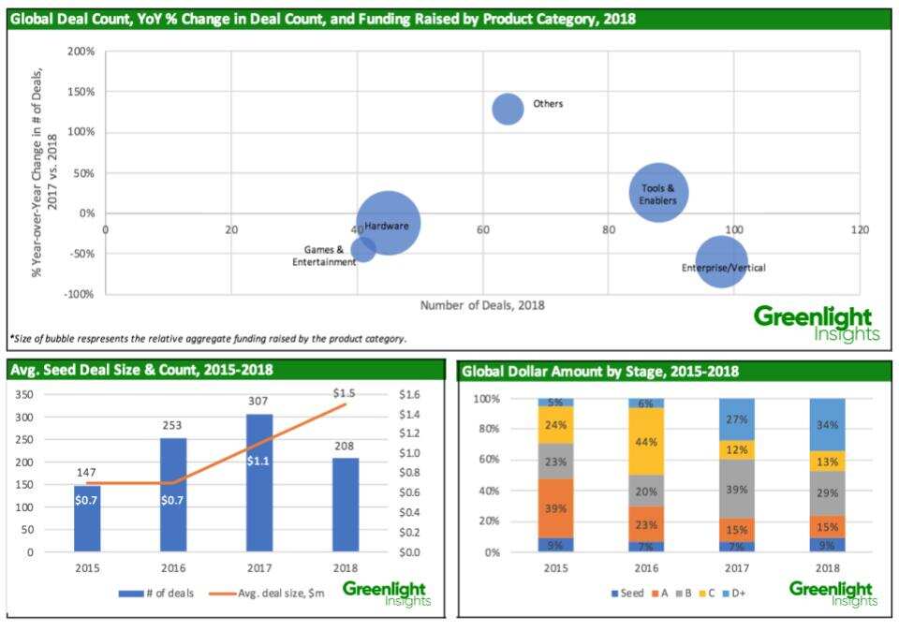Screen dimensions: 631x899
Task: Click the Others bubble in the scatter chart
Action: click(508, 109)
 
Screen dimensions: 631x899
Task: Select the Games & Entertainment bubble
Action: click(363, 249)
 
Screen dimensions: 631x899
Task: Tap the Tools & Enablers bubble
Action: click(659, 192)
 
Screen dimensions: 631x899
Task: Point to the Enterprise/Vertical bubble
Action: click(721, 262)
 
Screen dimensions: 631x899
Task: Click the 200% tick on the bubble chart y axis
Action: click(81, 51)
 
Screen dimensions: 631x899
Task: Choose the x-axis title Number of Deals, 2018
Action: click(481, 305)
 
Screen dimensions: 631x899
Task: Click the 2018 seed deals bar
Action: click(345, 505)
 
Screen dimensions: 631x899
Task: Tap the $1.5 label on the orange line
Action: click(345, 393)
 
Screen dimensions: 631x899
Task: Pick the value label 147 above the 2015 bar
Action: click(87, 474)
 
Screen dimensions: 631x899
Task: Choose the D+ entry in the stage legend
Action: click(736, 593)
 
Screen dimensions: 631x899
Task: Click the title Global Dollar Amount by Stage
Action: click(599, 372)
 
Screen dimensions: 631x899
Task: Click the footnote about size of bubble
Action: click(208, 339)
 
